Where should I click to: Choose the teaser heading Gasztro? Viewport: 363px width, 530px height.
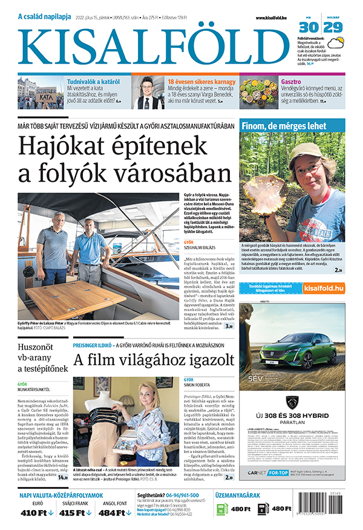click(291, 81)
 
